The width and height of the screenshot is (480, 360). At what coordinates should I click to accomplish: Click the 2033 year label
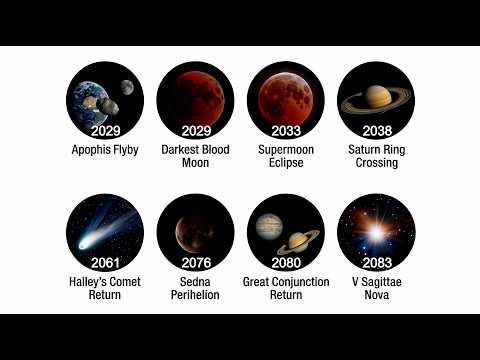(x=286, y=130)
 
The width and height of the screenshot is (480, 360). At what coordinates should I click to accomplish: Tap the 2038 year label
(x=376, y=130)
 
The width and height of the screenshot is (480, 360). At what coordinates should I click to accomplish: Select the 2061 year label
(x=105, y=263)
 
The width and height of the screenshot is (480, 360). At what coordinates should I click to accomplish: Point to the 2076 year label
(x=196, y=263)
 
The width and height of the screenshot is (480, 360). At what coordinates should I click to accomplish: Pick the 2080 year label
(x=286, y=263)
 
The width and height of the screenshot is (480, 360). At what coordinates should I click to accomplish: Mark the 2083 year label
(x=376, y=263)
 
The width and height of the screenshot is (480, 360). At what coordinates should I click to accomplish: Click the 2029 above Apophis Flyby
(x=105, y=130)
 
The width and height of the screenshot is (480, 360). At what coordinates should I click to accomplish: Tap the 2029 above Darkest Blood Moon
(x=196, y=130)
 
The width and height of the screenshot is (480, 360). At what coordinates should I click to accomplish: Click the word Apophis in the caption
(x=93, y=150)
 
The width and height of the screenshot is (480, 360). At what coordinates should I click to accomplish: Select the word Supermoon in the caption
(x=286, y=150)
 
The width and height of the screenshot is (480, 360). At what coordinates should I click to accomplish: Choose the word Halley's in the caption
(x=88, y=282)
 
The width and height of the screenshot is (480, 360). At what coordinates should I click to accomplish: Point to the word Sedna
(x=196, y=282)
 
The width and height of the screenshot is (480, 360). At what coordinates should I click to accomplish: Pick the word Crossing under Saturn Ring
(x=376, y=163)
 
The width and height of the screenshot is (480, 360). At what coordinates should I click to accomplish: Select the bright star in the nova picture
(x=376, y=232)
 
